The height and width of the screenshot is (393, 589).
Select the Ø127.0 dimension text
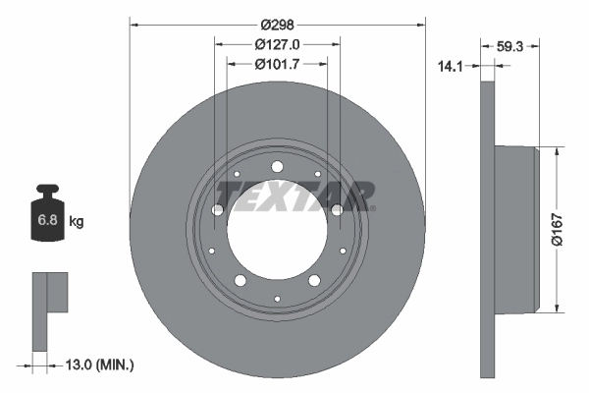(277, 44)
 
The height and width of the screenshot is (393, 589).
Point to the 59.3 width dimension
(509, 44)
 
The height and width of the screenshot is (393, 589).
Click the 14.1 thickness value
(451, 67)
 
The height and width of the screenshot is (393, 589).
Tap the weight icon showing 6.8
(47, 218)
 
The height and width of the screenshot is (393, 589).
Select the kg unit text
(77, 222)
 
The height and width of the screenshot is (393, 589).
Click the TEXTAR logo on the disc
(294, 194)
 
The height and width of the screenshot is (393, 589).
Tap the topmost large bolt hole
(278, 167)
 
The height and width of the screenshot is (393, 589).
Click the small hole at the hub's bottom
(278, 298)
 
